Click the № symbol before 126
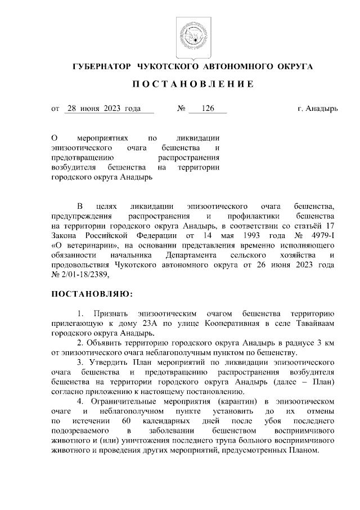[x=182, y=109]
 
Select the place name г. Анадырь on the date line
[x=318, y=109]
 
